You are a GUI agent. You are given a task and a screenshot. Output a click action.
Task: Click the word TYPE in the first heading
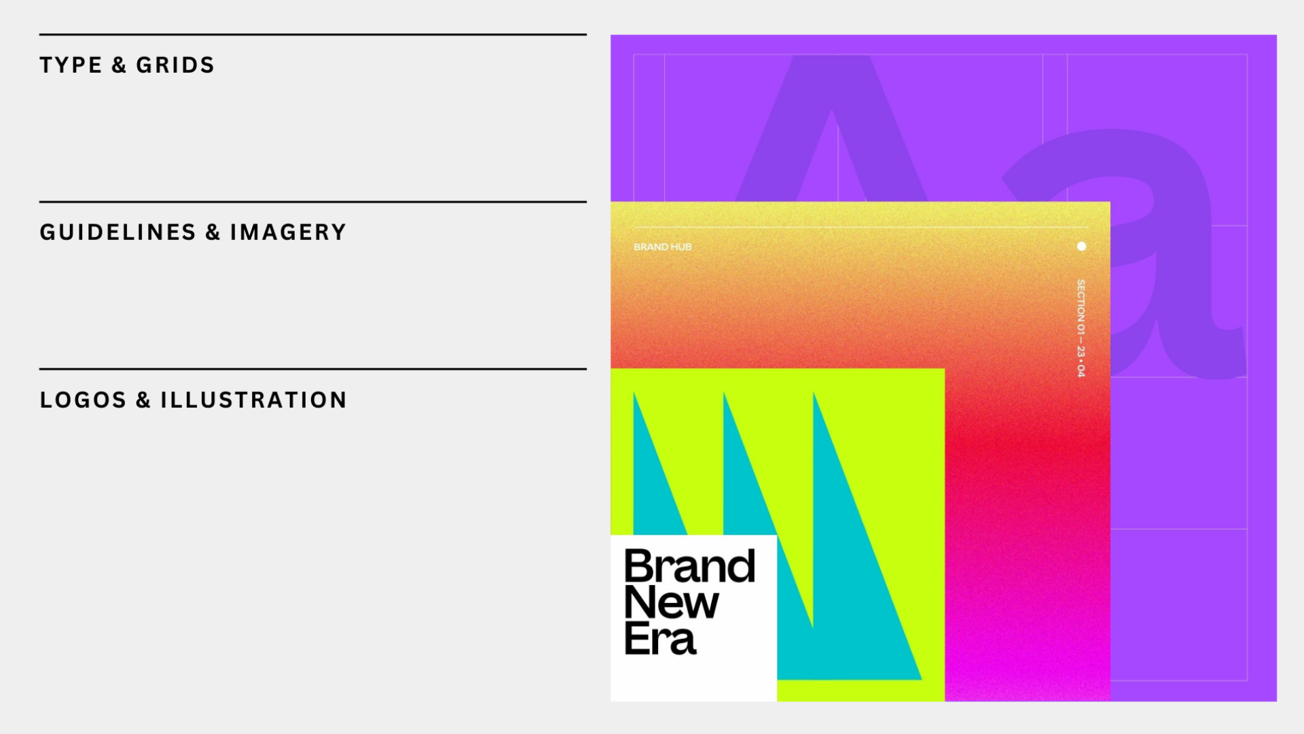coord(71,65)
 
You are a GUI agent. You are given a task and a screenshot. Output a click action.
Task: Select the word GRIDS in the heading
coord(175,65)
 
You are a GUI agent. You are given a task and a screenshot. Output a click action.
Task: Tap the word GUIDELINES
coord(118,232)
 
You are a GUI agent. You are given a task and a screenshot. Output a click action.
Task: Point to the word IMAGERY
coord(288,232)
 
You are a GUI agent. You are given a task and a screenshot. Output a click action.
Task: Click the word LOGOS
coord(83,400)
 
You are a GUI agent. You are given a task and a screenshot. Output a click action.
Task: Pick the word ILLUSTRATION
coord(253,400)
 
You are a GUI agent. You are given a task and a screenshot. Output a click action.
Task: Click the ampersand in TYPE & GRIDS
coord(119,65)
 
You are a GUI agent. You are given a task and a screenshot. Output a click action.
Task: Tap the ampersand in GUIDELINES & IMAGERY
coord(213,232)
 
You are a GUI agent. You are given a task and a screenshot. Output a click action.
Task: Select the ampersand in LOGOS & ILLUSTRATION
coord(143,400)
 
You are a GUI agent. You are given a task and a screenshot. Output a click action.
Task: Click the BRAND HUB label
coord(663,247)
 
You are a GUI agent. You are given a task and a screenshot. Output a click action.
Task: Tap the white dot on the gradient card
coord(1081,246)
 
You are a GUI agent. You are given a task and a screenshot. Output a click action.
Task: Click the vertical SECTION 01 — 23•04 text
coord(1081,328)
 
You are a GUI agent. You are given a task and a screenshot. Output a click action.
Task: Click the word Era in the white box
coord(660,639)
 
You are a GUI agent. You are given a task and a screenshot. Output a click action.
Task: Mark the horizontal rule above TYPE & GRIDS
coord(313,34)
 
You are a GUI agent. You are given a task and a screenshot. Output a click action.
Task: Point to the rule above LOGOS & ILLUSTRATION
coord(313,369)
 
